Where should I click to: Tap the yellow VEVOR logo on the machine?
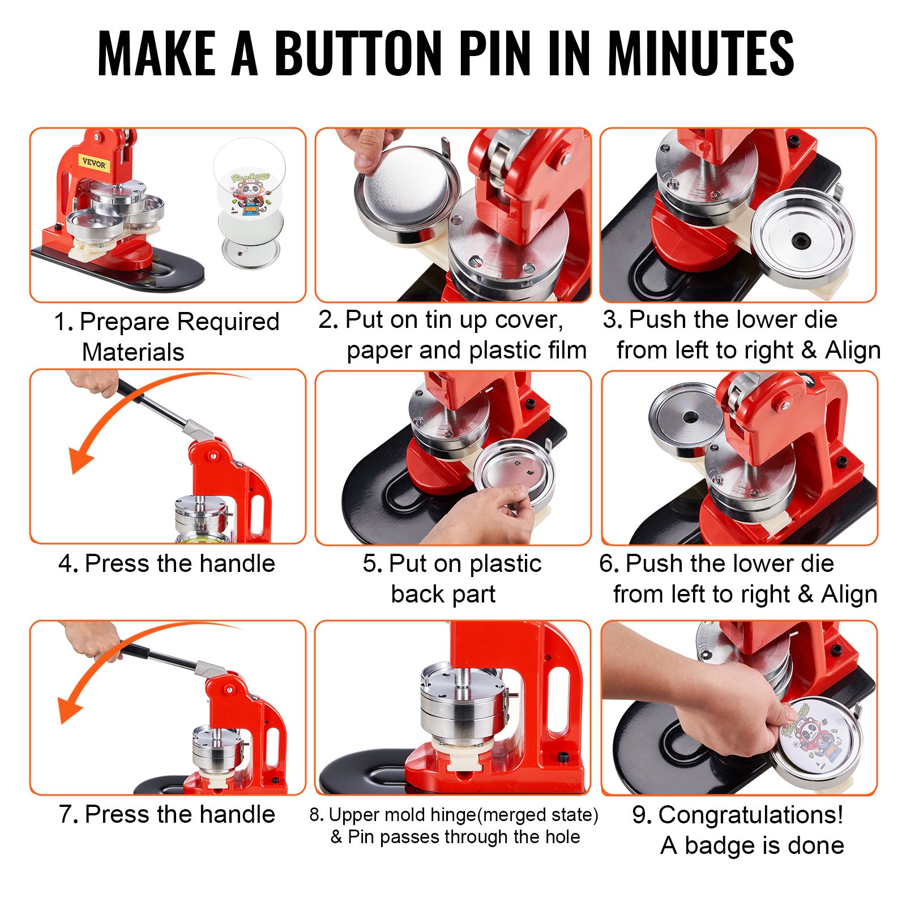pyautogui.click(x=94, y=164)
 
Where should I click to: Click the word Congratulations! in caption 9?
pyautogui.click(x=751, y=815)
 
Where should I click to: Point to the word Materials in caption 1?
pyautogui.click(x=133, y=352)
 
